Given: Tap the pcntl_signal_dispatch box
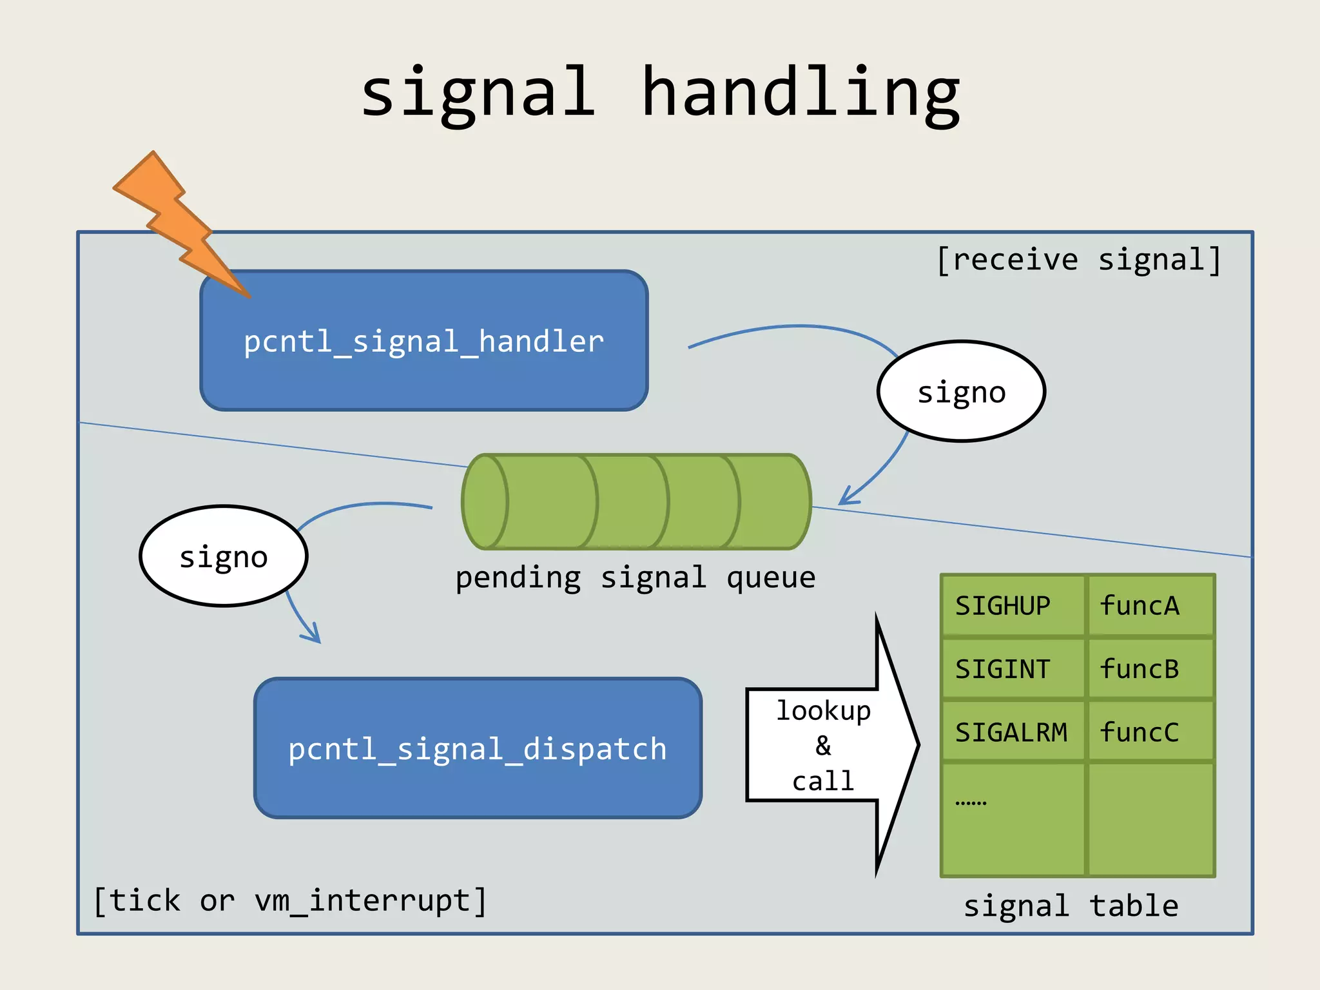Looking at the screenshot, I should [478, 748].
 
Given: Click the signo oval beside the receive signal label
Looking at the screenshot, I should [961, 391].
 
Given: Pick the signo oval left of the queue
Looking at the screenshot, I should [223, 556].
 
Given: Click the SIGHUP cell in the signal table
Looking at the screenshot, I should [1012, 606].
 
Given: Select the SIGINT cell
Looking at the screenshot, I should [1012, 669].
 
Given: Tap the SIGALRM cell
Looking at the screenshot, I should [1012, 732].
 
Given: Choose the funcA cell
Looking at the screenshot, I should [1150, 606].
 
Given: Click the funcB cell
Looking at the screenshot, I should [1150, 669].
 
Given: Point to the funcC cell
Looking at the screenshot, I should [1150, 732].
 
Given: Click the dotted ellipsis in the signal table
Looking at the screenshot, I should [971, 803].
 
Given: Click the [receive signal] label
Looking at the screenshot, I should [1078, 260].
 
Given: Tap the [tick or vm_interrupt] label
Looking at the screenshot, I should [290, 900].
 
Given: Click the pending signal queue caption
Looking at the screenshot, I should [636, 577].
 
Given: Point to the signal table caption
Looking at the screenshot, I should [1071, 906].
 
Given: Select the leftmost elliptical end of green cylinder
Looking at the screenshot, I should [485, 502].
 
